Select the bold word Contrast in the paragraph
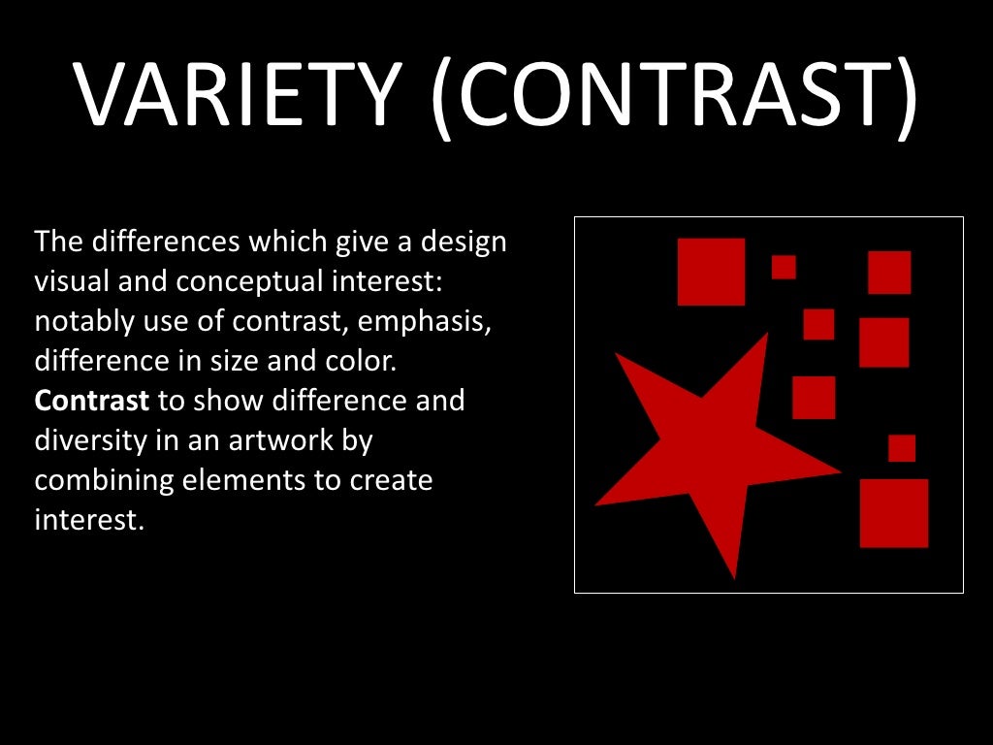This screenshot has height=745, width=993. (92, 400)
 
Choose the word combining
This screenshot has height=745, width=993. (102, 480)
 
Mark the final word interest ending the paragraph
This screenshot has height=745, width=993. (88, 520)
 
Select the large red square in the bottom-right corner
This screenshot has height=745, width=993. (894, 513)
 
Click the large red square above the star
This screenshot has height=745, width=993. (711, 272)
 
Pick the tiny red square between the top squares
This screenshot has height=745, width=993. (784, 267)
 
